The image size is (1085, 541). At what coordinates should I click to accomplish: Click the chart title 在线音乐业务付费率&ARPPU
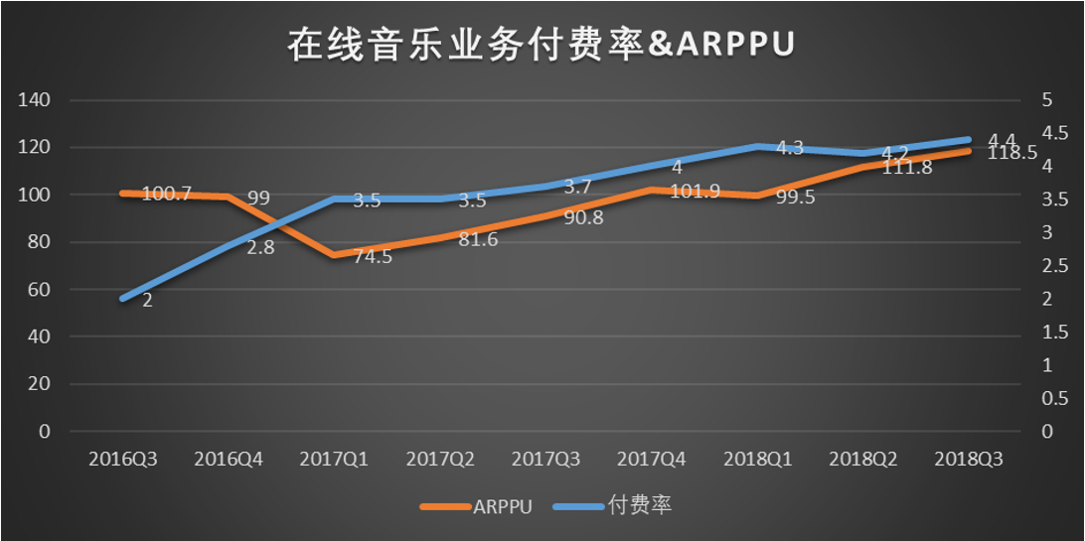[x=542, y=45]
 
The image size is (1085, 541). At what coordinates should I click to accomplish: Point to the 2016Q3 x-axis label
[x=123, y=460]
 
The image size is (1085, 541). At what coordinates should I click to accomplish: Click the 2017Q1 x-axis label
[x=334, y=460]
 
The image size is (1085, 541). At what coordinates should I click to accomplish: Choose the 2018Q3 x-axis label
[x=969, y=460]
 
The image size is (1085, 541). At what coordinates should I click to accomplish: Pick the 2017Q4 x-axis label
[x=651, y=460]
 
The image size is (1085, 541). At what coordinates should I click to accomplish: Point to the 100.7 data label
[x=166, y=194]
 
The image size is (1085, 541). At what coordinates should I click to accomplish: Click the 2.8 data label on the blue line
[x=260, y=247]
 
